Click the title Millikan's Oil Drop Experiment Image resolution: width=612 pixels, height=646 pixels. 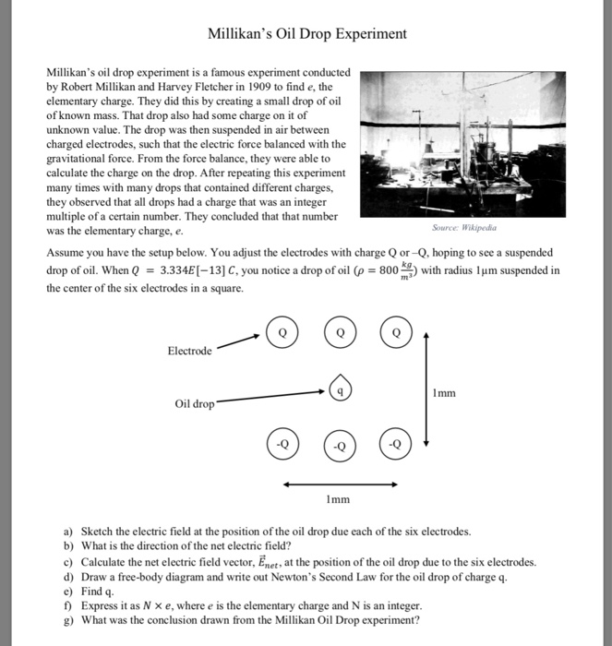click(x=306, y=34)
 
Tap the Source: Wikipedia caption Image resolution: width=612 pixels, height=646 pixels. click(x=463, y=226)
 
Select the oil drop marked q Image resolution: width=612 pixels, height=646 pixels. click(x=341, y=390)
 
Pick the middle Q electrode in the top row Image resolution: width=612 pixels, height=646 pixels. click(x=340, y=332)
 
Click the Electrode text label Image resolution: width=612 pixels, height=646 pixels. click(x=189, y=352)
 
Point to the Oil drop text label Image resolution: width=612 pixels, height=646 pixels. click(x=194, y=404)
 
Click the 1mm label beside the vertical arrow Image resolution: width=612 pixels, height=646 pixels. click(x=443, y=393)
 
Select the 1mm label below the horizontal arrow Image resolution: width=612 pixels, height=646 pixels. click(x=338, y=499)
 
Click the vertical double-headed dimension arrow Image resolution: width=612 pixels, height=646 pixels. click(x=426, y=388)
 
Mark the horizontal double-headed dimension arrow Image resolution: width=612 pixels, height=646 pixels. click(x=340, y=483)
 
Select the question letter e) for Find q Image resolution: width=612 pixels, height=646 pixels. click(x=68, y=592)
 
